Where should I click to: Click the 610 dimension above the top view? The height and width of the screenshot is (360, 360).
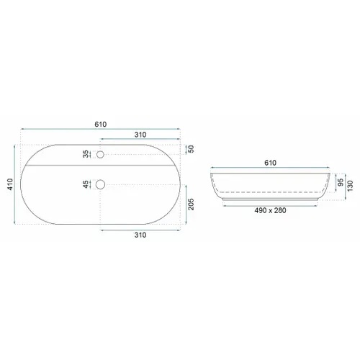pos(100,125)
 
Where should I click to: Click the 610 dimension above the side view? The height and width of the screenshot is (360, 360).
pos(270,163)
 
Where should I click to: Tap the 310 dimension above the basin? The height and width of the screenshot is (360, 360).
pos(140,135)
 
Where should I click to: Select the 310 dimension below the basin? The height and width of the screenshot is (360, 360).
pos(140,235)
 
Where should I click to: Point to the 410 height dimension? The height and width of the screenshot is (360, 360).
pos(10,184)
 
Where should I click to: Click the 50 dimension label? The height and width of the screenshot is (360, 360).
pos(192,149)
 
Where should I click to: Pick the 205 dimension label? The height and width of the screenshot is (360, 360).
pos(191,204)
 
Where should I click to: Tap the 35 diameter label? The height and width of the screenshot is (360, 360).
pos(86,154)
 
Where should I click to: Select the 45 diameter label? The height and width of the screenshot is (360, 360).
pos(86,184)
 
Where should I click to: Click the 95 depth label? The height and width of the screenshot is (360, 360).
pos(341,182)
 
